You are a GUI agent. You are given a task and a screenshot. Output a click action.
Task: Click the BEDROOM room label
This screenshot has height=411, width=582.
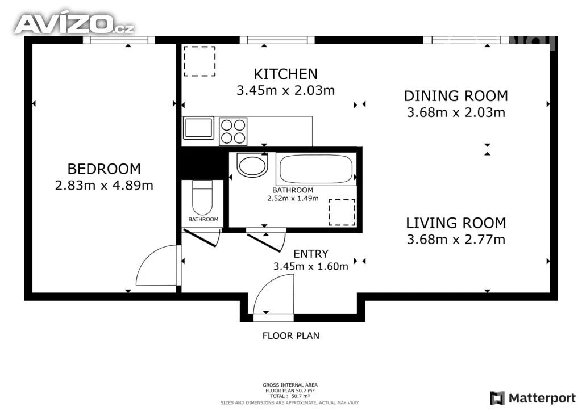104,169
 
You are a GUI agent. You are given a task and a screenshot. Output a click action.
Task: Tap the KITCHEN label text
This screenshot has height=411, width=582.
285,74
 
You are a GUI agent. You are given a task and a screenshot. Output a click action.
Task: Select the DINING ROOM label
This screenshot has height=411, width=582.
456,96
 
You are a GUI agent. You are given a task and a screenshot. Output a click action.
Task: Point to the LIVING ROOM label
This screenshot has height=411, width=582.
456,223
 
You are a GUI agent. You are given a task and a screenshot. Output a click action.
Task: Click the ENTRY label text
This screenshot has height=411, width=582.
311,254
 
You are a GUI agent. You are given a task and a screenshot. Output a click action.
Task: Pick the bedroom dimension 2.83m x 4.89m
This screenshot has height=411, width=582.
104,185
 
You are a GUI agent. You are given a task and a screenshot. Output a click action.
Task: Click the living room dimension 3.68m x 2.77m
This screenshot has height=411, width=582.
456,240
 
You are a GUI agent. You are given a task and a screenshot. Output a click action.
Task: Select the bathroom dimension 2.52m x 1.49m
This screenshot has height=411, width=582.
293,198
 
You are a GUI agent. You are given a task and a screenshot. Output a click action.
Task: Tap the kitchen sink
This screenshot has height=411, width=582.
198,128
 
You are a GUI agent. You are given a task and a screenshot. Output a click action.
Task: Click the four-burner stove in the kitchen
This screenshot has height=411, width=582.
233,131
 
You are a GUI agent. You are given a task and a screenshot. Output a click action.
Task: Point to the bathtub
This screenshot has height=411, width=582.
316,169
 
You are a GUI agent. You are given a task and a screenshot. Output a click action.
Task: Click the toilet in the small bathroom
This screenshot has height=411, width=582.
202,198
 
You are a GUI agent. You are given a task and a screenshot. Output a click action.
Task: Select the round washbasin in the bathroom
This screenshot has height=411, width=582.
252,165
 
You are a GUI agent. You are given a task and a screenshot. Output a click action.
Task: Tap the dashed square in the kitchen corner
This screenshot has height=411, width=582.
199,61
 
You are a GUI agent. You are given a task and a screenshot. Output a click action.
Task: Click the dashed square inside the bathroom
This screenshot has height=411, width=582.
342,212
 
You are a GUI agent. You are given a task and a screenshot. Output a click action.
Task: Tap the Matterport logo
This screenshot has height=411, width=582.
533,398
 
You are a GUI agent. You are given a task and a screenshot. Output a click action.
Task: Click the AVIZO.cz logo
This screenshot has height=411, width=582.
74,24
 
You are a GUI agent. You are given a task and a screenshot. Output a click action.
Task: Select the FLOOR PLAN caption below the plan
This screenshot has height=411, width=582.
290,335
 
